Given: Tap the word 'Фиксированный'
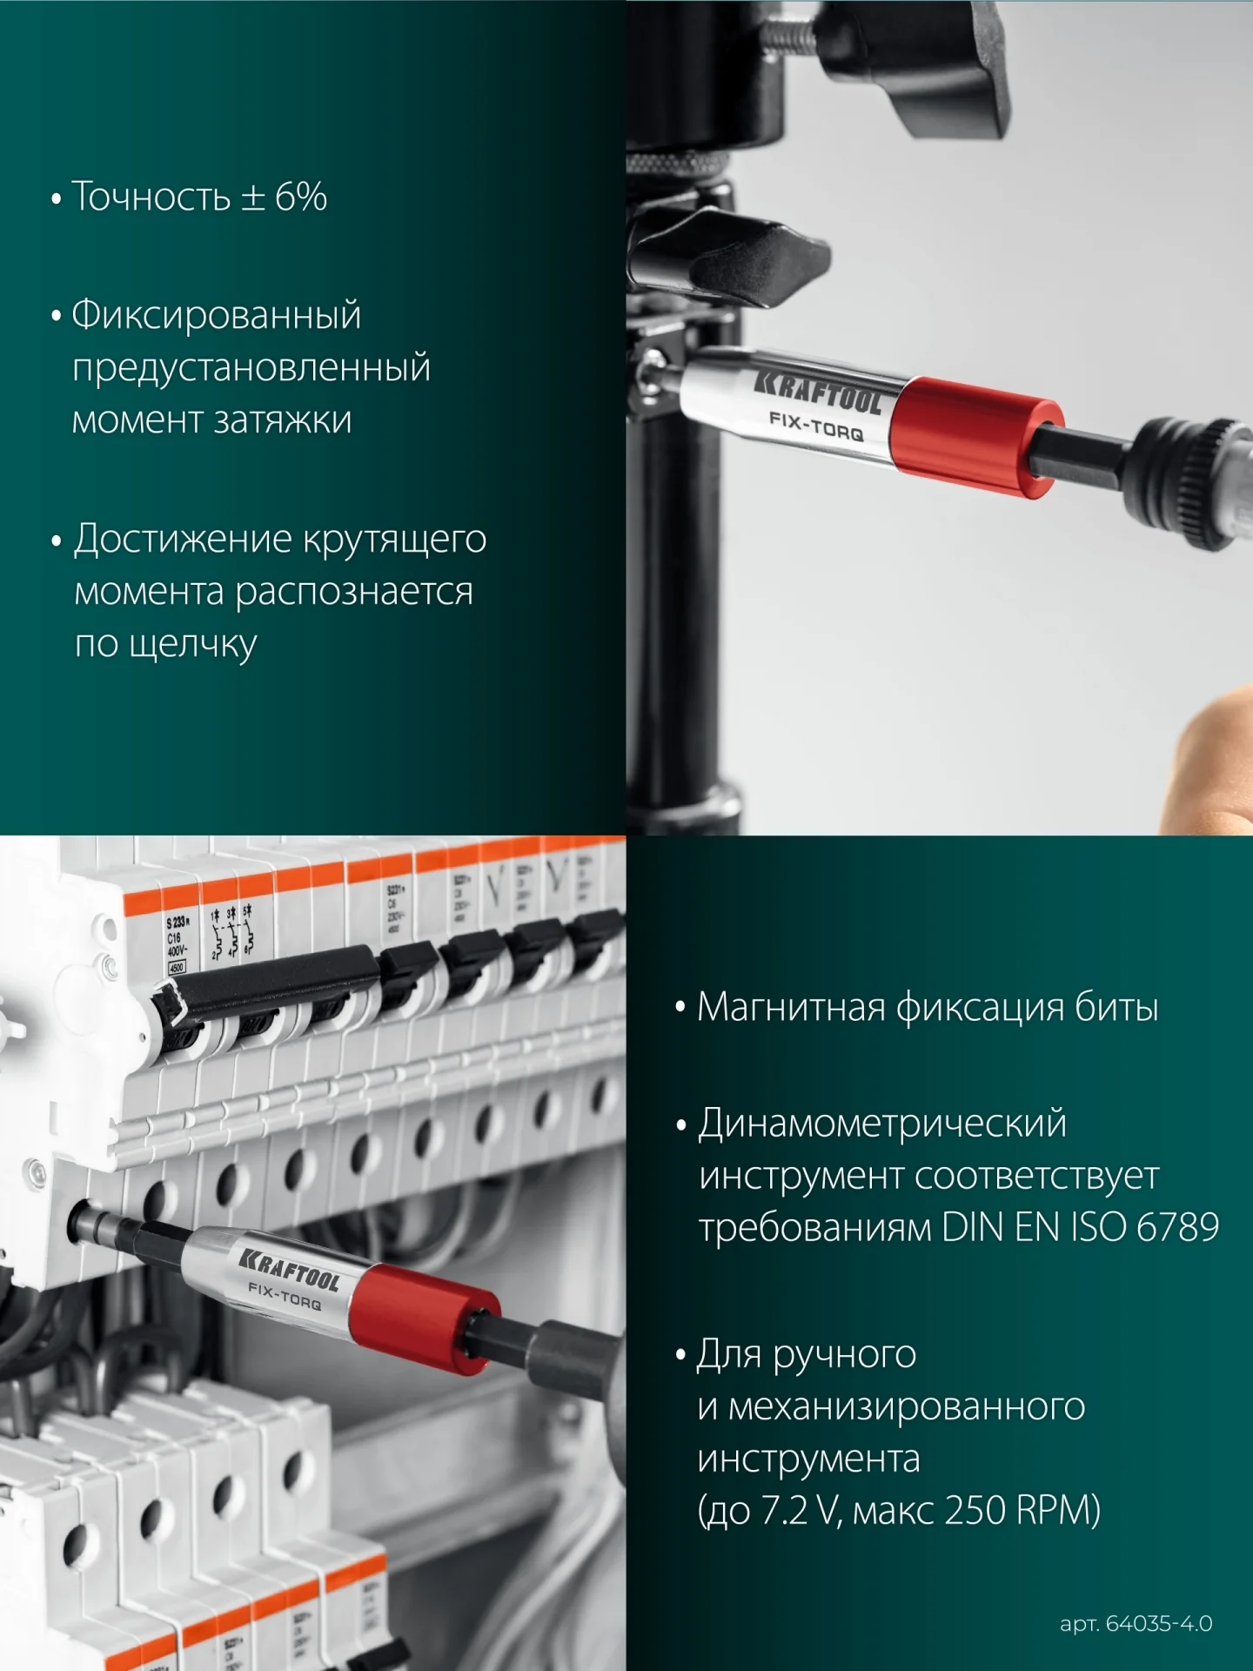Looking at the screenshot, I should coord(216,315).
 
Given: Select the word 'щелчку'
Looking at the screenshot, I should coord(192,645).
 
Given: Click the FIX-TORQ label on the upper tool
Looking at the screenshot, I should coord(815,426).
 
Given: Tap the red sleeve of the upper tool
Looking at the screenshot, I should coord(975,437).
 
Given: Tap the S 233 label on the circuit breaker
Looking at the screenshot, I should coord(178,922).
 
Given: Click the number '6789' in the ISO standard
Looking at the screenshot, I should coord(1177,1228).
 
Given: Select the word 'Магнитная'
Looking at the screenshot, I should coord(791,1008).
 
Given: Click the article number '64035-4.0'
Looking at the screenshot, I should coord(1158,1623).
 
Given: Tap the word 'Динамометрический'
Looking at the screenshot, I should coord(882,1124).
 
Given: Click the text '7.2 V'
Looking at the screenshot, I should coord(799,1511).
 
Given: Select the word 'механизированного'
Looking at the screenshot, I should coord(906,1406).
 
